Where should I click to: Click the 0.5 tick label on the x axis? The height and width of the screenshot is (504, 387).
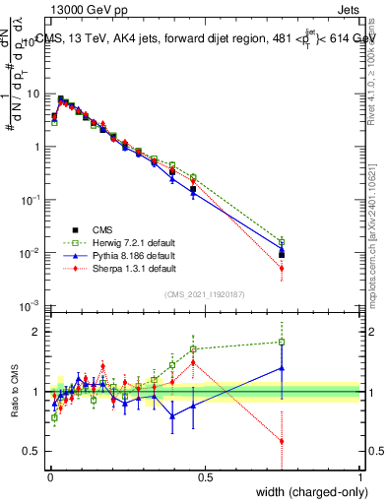[205, 477]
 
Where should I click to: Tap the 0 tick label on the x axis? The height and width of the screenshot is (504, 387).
[49, 477]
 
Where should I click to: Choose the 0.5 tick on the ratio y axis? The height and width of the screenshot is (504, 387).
[34, 452]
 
